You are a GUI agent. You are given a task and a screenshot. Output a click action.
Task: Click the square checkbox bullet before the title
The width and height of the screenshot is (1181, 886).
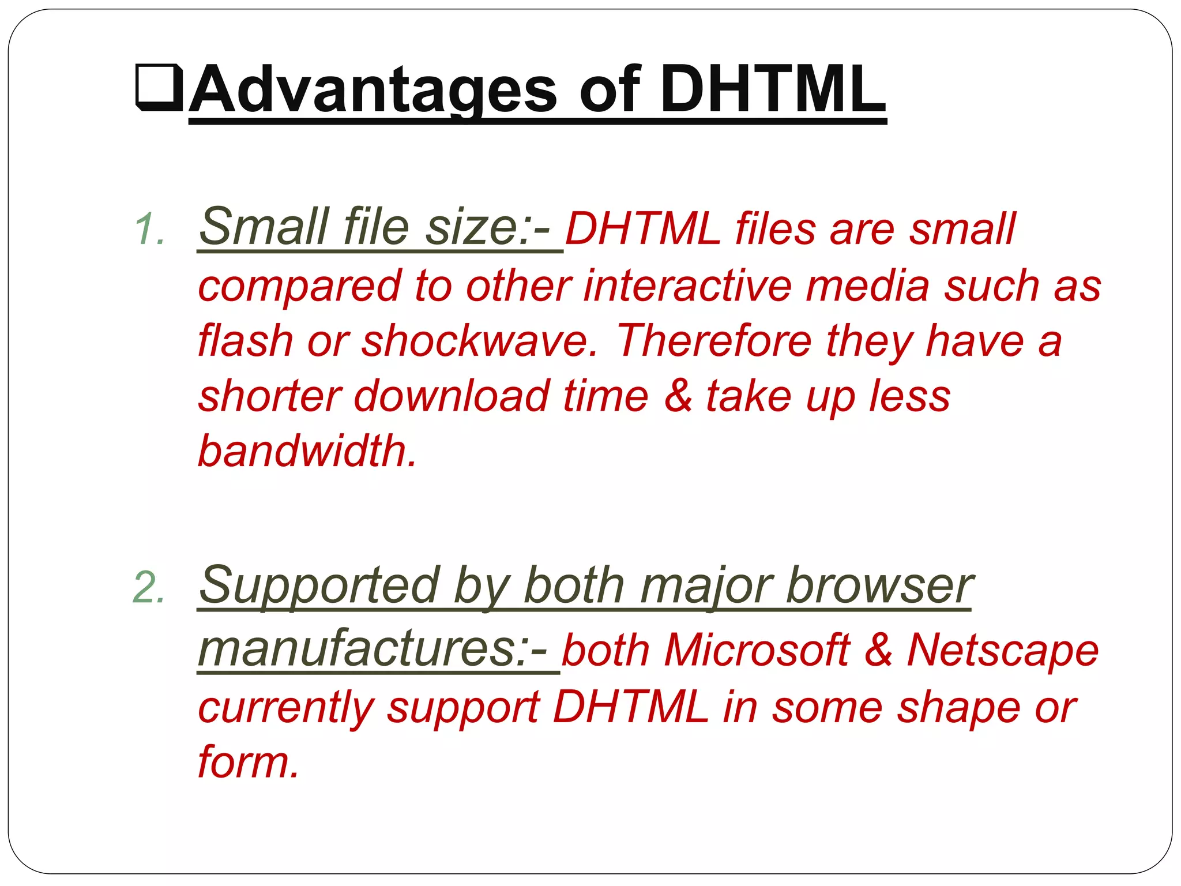point(159,88)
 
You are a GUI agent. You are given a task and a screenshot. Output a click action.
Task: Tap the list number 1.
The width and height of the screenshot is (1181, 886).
point(149,229)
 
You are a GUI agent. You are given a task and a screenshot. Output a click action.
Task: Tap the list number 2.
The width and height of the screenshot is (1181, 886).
point(148,588)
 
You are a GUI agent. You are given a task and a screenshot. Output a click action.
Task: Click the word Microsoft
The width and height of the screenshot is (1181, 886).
point(757,650)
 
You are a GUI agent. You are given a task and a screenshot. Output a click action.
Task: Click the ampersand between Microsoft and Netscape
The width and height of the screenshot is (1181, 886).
point(879,650)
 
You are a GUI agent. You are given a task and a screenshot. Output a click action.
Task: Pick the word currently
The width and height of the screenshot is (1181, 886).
point(286,709)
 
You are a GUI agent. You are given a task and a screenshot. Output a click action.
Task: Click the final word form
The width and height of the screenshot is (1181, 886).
point(248,762)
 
